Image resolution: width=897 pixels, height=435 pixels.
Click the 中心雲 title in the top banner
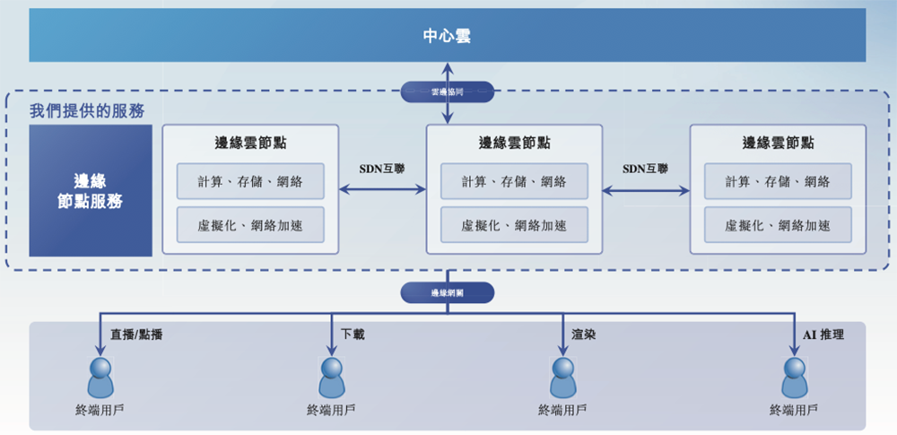coord(447,37)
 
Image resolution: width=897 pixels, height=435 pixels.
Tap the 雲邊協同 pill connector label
coord(447,91)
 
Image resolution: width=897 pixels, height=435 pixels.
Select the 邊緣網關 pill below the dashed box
coord(447,292)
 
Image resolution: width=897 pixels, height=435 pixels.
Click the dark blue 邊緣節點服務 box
coord(91,191)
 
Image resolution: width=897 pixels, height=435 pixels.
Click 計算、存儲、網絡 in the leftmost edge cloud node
coord(250,182)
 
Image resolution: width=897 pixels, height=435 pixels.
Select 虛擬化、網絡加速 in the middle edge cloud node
coord(514,225)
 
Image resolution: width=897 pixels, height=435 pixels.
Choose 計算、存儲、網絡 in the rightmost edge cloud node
coord(778,182)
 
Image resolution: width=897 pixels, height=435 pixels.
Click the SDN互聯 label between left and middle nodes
coord(382,168)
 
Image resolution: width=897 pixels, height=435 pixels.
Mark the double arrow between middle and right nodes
coord(646,190)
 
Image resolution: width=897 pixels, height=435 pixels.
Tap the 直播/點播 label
coord(136,335)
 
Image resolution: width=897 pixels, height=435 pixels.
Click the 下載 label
coord(353,335)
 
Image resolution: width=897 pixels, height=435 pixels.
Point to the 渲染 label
coord(584,335)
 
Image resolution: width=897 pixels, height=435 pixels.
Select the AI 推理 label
coord(823,335)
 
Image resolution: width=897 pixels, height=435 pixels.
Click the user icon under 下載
coord(332,378)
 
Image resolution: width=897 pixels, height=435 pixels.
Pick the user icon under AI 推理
coord(795,378)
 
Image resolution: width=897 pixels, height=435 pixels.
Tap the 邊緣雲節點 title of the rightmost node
coord(778,143)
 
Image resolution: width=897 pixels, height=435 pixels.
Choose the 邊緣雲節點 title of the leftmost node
coord(250,143)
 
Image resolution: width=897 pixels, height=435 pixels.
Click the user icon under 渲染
coord(562,378)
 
